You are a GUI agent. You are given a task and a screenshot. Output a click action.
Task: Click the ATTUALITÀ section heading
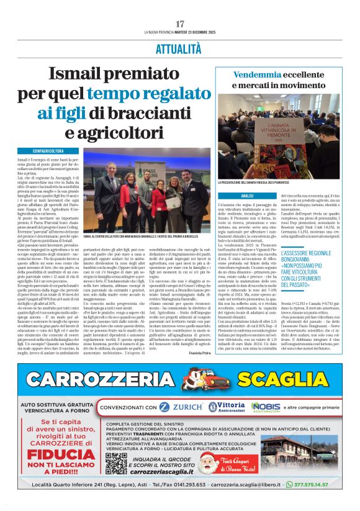click(179, 48)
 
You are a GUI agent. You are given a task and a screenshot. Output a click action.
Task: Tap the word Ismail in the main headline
click(76, 75)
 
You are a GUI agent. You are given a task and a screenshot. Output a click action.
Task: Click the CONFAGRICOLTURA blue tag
click(48, 151)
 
